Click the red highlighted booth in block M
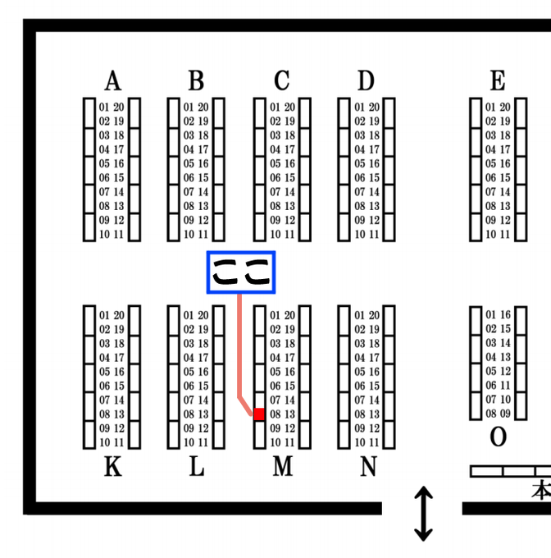[259, 414]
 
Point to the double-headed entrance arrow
[423, 514]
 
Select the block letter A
[113, 80]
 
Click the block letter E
[498, 80]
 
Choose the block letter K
[113, 467]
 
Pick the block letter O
[498, 437]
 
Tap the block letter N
[368, 467]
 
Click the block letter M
[283, 467]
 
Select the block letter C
[282, 80]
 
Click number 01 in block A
[104, 107]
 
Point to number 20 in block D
[375, 107]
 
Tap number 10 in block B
[189, 235]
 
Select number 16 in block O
[505, 314]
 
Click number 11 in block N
[375, 442]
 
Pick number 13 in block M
[289, 414]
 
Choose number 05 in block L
[189, 372]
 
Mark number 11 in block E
[505, 235]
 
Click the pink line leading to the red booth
[239, 352]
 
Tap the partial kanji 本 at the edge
[541, 491]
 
